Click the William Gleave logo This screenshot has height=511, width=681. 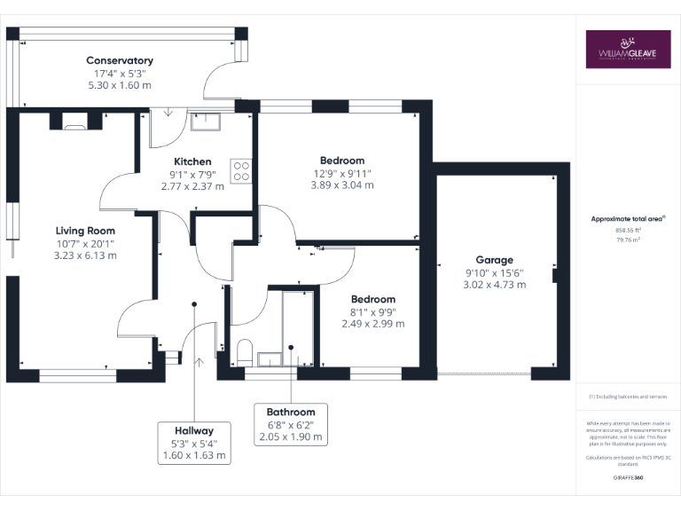click(628, 50)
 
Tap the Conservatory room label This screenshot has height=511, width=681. click(120, 60)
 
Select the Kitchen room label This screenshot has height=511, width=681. click(192, 161)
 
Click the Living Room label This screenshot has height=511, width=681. click(87, 230)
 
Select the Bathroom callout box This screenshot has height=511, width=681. click(291, 424)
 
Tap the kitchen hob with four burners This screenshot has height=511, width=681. click(241, 169)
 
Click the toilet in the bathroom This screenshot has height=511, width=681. click(245, 350)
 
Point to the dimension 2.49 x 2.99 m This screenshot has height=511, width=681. click(372, 324)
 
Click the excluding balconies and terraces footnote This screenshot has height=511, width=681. click(628, 397)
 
